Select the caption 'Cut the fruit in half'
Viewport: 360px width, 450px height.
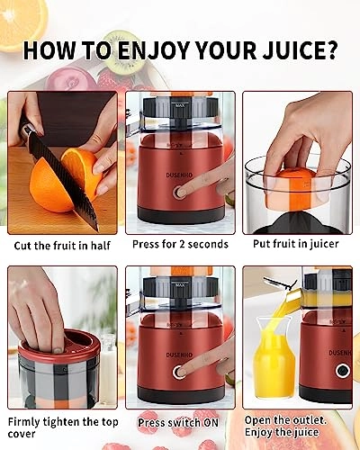63,245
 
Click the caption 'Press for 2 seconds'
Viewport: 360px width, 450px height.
180,245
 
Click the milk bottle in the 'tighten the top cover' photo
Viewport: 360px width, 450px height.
108,364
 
